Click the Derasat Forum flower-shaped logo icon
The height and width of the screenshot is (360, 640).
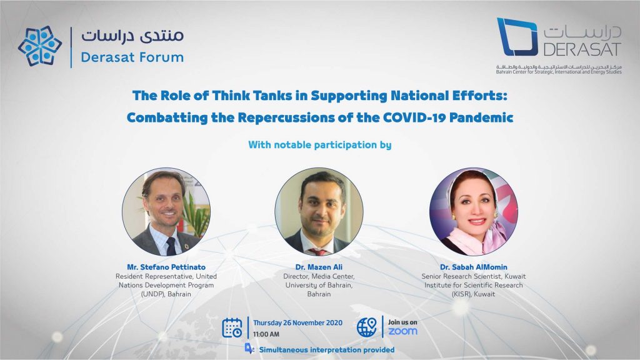coord(40,46)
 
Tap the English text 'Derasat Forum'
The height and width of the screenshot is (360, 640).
coord(132,57)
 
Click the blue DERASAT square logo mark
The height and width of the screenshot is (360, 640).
coord(517,37)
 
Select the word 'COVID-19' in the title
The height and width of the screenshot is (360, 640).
coord(414,117)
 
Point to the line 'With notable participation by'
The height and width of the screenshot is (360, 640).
coord(320,145)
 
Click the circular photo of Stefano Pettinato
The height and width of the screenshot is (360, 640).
coord(166,212)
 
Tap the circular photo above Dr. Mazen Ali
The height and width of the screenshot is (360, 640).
coord(319,212)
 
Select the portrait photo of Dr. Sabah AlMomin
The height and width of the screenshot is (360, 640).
coord(474,212)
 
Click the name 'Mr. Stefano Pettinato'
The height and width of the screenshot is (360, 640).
coord(166,267)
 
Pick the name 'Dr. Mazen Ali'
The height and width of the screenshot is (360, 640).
coord(319,267)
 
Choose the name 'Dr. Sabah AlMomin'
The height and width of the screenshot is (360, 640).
coord(474,267)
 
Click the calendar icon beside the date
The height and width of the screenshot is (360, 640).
coord(232,327)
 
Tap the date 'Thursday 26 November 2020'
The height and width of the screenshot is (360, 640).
coord(297,322)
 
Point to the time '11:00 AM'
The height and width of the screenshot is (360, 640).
coord(266,334)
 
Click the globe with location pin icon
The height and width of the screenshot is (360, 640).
coord(366,327)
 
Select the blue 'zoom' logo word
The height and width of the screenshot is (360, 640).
coord(402,331)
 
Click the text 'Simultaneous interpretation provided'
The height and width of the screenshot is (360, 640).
coord(326,350)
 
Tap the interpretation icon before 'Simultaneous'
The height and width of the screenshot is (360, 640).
coord(249,348)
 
